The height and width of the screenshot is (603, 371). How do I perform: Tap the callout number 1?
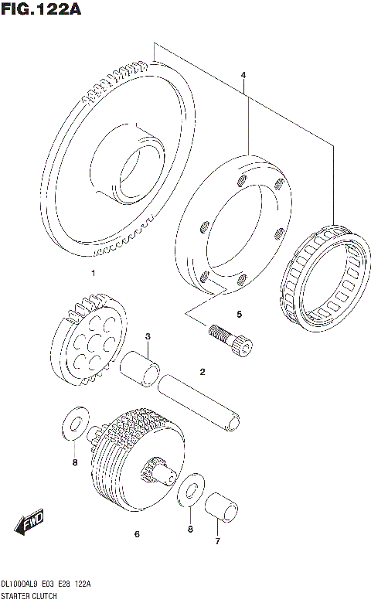(93, 273)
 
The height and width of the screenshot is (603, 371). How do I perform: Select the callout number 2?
(202, 372)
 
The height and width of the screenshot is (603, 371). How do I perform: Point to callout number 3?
(148, 336)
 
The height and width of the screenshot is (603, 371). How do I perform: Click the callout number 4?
(243, 75)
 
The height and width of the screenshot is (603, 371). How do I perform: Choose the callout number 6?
(136, 533)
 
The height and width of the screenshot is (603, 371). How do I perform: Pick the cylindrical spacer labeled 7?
(221, 507)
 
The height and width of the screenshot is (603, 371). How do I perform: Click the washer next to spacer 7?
(189, 495)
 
